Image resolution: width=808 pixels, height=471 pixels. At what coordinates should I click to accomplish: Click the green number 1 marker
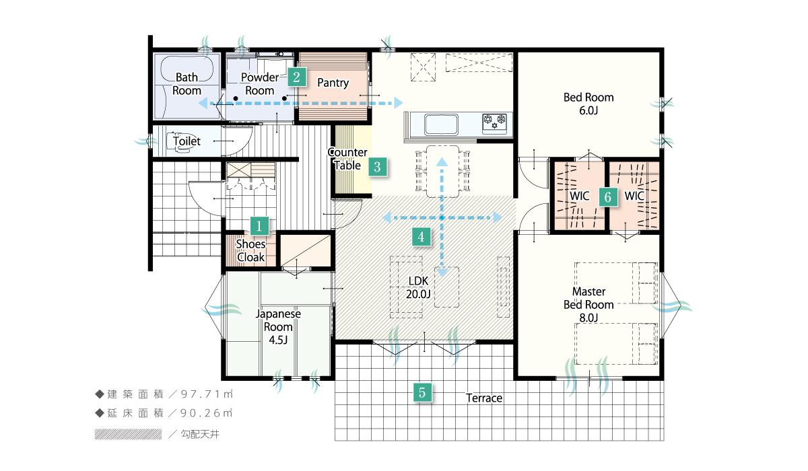(x=259, y=226)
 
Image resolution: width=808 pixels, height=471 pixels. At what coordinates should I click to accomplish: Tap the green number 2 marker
(x=297, y=77)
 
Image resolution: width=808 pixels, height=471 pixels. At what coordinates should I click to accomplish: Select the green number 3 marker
(x=377, y=167)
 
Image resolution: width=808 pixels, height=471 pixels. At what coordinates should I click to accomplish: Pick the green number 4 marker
(x=421, y=237)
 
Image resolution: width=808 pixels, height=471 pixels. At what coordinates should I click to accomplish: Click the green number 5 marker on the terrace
(x=422, y=393)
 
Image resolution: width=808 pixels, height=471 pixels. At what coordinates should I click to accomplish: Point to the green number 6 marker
(x=608, y=197)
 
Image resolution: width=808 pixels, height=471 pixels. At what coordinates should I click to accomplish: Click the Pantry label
(x=333, y=83)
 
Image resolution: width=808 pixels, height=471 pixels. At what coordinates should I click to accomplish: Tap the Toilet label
(x=187, y=141)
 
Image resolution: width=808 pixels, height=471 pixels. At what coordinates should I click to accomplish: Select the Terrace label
(x=484, y=398)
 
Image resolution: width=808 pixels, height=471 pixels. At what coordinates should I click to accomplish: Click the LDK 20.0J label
(x=418, y=287)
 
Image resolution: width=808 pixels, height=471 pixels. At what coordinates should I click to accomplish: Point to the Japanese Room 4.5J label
(x=278, y=327)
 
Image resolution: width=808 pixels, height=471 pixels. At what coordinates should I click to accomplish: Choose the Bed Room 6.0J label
(x=588, y=104)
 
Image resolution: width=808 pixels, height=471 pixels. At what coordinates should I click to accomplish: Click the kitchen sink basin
(x=441, y=124)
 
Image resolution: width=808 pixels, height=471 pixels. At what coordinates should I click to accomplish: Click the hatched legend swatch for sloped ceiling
(x=128, y=434)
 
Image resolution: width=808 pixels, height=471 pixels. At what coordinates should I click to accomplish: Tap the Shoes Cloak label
(x=250, y=250)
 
